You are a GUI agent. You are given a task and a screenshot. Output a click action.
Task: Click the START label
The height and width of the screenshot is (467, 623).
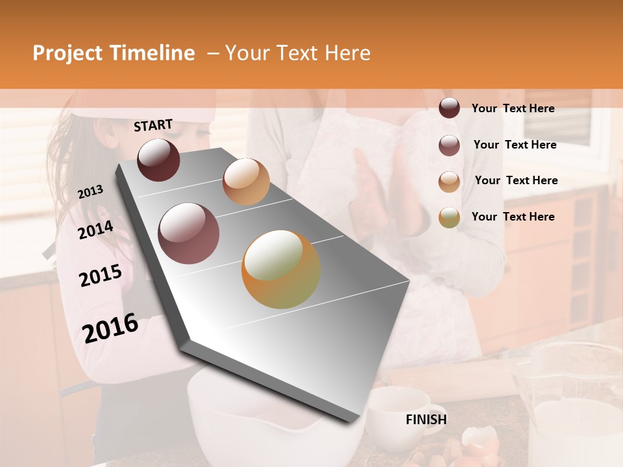153,125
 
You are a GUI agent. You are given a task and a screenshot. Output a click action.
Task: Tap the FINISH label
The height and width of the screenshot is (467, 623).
426,420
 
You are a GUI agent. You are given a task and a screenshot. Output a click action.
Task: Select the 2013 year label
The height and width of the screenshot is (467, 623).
90,192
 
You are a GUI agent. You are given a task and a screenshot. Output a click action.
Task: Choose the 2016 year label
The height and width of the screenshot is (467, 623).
110,328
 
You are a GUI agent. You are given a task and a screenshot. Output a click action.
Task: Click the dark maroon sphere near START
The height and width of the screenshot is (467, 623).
158,160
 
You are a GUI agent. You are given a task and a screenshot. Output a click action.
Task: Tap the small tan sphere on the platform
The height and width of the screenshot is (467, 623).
246,182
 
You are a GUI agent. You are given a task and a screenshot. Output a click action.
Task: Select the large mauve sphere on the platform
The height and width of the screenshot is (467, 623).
189,233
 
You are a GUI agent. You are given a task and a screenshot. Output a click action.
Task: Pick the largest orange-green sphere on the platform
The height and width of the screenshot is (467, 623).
281,269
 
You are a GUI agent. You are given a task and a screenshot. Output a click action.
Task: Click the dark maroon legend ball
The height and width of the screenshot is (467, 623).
449,108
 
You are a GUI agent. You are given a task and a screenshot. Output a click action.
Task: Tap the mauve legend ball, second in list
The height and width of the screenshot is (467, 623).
449,145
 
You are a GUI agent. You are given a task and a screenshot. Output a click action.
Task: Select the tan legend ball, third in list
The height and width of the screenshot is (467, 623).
449,182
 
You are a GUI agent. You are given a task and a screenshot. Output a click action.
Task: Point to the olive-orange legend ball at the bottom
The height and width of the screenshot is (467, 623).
449,217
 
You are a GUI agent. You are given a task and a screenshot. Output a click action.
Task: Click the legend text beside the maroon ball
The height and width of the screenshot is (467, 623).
513,108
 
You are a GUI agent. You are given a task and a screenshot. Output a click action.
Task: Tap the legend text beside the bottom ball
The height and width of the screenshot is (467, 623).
513,217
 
